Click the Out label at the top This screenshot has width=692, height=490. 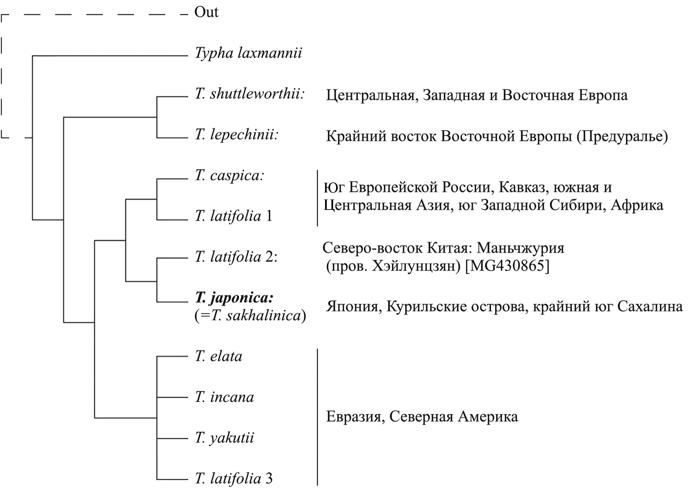[206, 13]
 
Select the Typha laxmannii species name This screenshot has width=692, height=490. [248, 54]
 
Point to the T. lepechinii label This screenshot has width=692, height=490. [237, 135]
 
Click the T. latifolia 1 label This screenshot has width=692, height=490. [234, 217]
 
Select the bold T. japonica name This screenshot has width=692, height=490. [235, 298]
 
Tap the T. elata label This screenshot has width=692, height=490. [219, 356]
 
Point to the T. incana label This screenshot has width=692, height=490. [224, 398]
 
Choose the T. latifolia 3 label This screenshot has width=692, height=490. [234, 479]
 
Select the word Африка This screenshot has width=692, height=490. [637, 205]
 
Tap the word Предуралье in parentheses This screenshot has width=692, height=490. [622, 137]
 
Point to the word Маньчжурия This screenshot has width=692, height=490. [520, 248]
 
